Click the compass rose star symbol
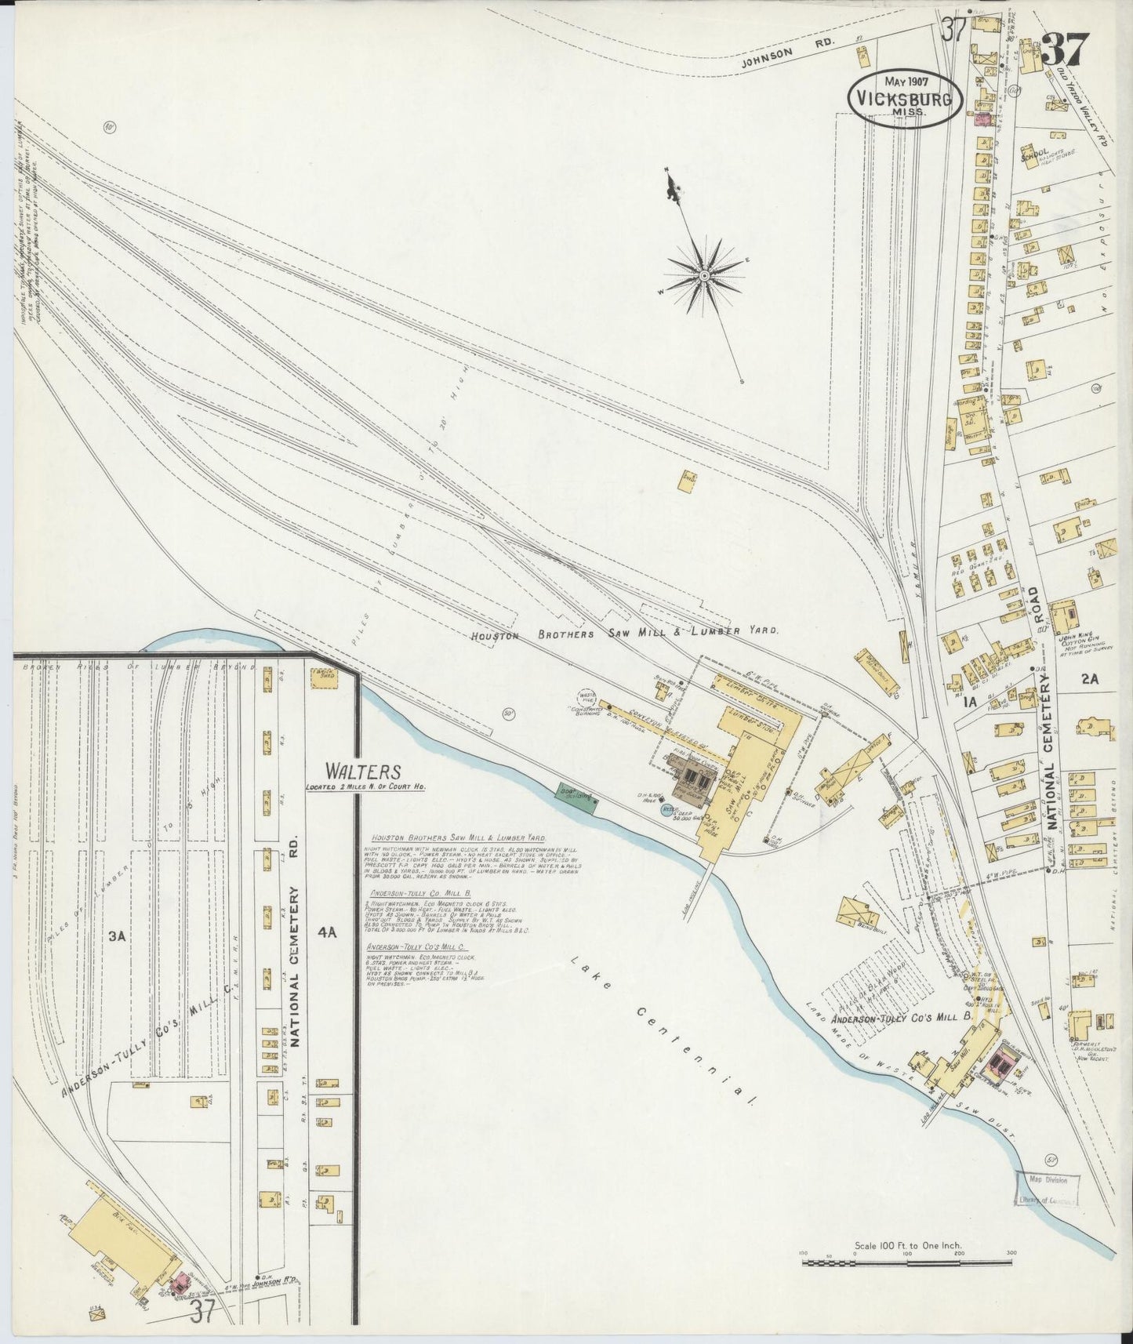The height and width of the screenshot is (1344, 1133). pyautogui.click(x=703, y=276)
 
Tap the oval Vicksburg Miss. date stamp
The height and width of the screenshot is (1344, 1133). pyautogui.click(x=906, y=98)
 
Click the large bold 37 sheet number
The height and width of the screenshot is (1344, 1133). pyautogui.click(x=1066, y=51)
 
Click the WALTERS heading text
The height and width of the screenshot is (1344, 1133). pyautogui.click(x=364, y=771)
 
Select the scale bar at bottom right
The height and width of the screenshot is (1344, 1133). pyautogui.click(x=907, y=1262)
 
